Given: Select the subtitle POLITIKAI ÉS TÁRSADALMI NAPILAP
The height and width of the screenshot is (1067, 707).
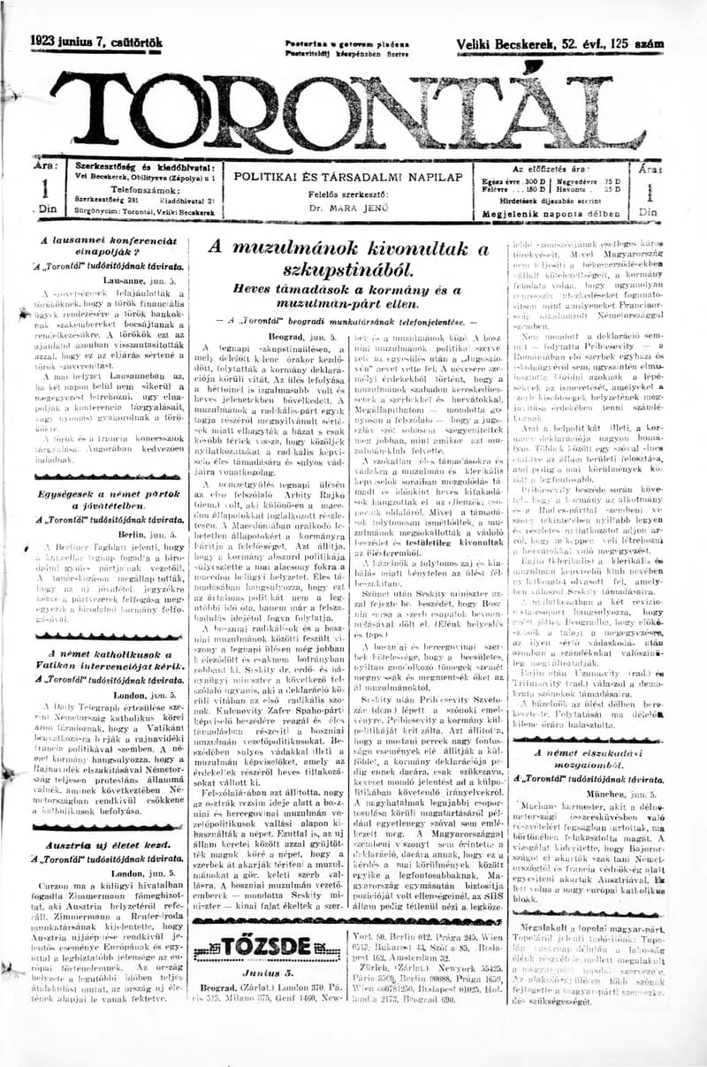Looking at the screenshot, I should (347, 177).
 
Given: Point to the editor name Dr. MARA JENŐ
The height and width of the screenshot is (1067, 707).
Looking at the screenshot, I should (347, 210).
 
